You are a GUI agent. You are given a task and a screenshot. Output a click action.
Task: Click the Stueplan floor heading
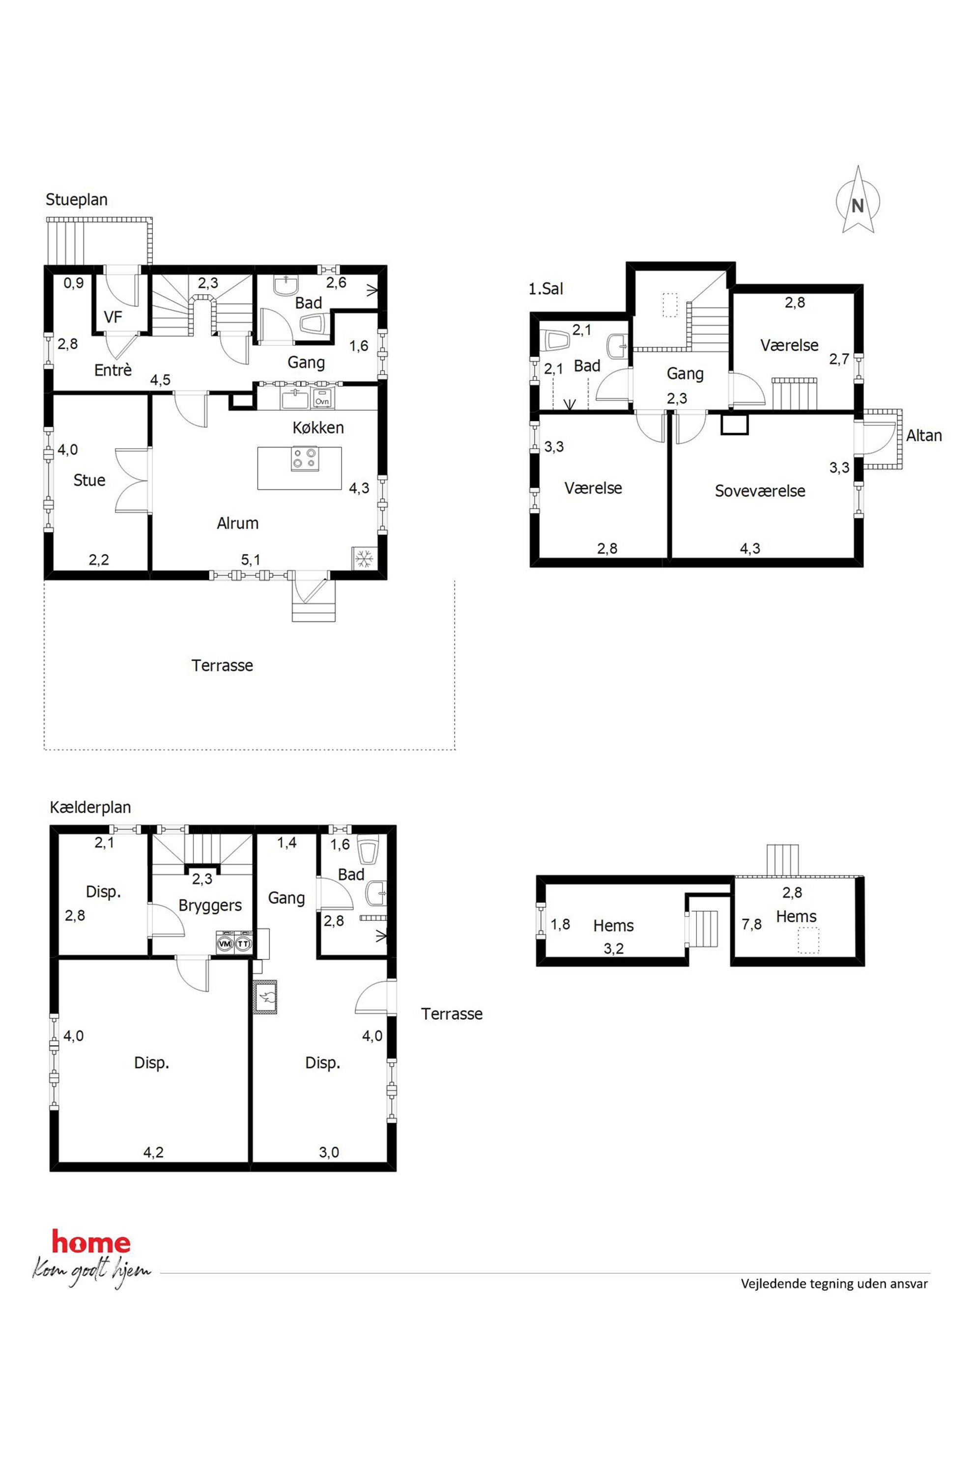77,200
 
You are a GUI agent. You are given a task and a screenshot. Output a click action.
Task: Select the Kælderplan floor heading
90,808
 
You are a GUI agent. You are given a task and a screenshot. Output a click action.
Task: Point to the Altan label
923,436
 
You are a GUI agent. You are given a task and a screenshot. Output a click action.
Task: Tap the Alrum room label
237,523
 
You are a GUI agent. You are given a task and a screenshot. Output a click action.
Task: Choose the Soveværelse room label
760,491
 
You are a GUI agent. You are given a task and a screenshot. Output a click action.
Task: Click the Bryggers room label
210,906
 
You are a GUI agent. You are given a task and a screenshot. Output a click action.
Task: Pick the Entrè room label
113,370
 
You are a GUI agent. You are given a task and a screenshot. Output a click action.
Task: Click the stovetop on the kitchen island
305,458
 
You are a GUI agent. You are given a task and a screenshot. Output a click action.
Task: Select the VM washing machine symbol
225,944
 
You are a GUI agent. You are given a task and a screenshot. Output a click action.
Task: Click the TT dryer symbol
244,944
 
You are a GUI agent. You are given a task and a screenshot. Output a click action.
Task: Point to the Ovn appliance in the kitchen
322,400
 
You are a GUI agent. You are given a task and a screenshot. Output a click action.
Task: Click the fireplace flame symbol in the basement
265,998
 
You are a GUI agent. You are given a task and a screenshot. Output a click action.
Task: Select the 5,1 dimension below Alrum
251,560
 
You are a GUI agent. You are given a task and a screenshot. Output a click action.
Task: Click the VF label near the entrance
113,317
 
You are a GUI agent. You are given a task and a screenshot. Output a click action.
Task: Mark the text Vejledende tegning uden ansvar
834,1284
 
